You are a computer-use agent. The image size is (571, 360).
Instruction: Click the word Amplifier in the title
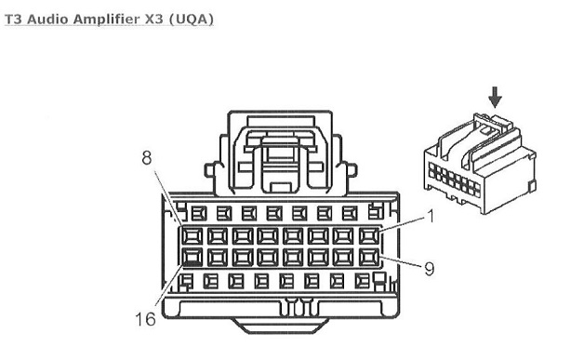pyautogui.click(x=107, y=19)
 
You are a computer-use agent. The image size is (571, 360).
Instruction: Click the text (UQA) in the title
pyautogui.click(x=192, y=19)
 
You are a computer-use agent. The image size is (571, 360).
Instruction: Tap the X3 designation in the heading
pyautogui.click(x=154, y=19)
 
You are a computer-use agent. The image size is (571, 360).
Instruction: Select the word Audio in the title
pyautogui.click(x=47, y=19)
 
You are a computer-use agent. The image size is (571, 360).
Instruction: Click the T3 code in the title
pyautogui.click(x=14, y=19)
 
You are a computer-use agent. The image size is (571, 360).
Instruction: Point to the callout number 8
pyautogui.click(x=146, y=158)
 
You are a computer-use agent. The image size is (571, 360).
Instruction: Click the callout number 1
pyautogui.click(x=431, y=217)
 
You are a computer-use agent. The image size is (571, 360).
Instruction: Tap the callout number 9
pyautogui.click(x=430, y=269)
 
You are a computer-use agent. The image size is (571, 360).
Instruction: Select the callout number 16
pyautogui.click(x=145, y=319)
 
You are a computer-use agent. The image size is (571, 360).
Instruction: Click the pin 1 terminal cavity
pyautogui.click(x=369, y=235)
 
